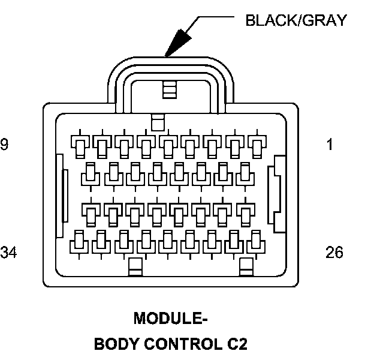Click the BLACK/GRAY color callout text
[295, 20]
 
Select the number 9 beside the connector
[5, 145]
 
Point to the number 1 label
[330, 145]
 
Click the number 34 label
[9, 252]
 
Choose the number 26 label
[334, 252]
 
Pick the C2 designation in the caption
[234, 344]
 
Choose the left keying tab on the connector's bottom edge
[135, 266]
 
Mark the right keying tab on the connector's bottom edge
[246, 266]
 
